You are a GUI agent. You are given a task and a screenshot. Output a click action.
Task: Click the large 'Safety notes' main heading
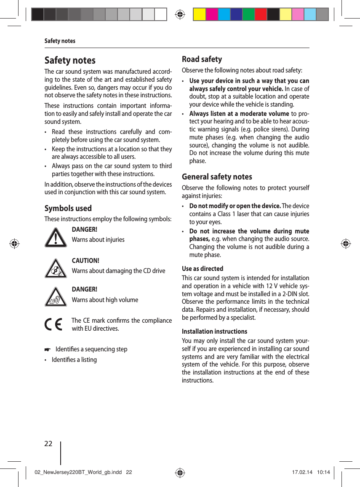coord(70,60)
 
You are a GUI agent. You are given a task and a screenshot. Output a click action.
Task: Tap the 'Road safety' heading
coord(202,59)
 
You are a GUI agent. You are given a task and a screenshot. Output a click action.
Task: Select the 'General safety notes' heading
coord(217,177)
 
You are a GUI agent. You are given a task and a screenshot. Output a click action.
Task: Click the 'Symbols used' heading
coord(68,208)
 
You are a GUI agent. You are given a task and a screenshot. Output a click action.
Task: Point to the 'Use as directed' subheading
coord(203,268)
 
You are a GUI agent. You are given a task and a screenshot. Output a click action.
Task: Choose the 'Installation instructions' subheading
coord(214,331)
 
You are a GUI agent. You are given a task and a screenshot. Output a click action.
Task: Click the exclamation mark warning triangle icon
coord(56,238)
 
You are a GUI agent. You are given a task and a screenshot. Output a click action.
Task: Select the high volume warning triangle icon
coord(56,297)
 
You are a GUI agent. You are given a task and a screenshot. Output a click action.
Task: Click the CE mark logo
coord(53,325)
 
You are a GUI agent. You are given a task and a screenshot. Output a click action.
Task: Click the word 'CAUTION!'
coord(85,261)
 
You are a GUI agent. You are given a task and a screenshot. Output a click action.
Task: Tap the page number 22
coord(48,444)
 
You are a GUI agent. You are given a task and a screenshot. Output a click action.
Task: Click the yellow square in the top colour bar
coord(199,14)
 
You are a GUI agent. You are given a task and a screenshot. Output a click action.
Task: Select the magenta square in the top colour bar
coord(212,14)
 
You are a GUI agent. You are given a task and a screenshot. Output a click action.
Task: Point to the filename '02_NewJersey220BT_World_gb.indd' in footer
coord(78,472)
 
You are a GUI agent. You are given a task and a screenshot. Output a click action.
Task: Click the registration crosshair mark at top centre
coord(180,14)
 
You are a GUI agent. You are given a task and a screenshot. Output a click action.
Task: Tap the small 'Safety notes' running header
coord(60,41)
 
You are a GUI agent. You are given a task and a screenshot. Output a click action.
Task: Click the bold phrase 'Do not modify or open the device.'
coord(235,206)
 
